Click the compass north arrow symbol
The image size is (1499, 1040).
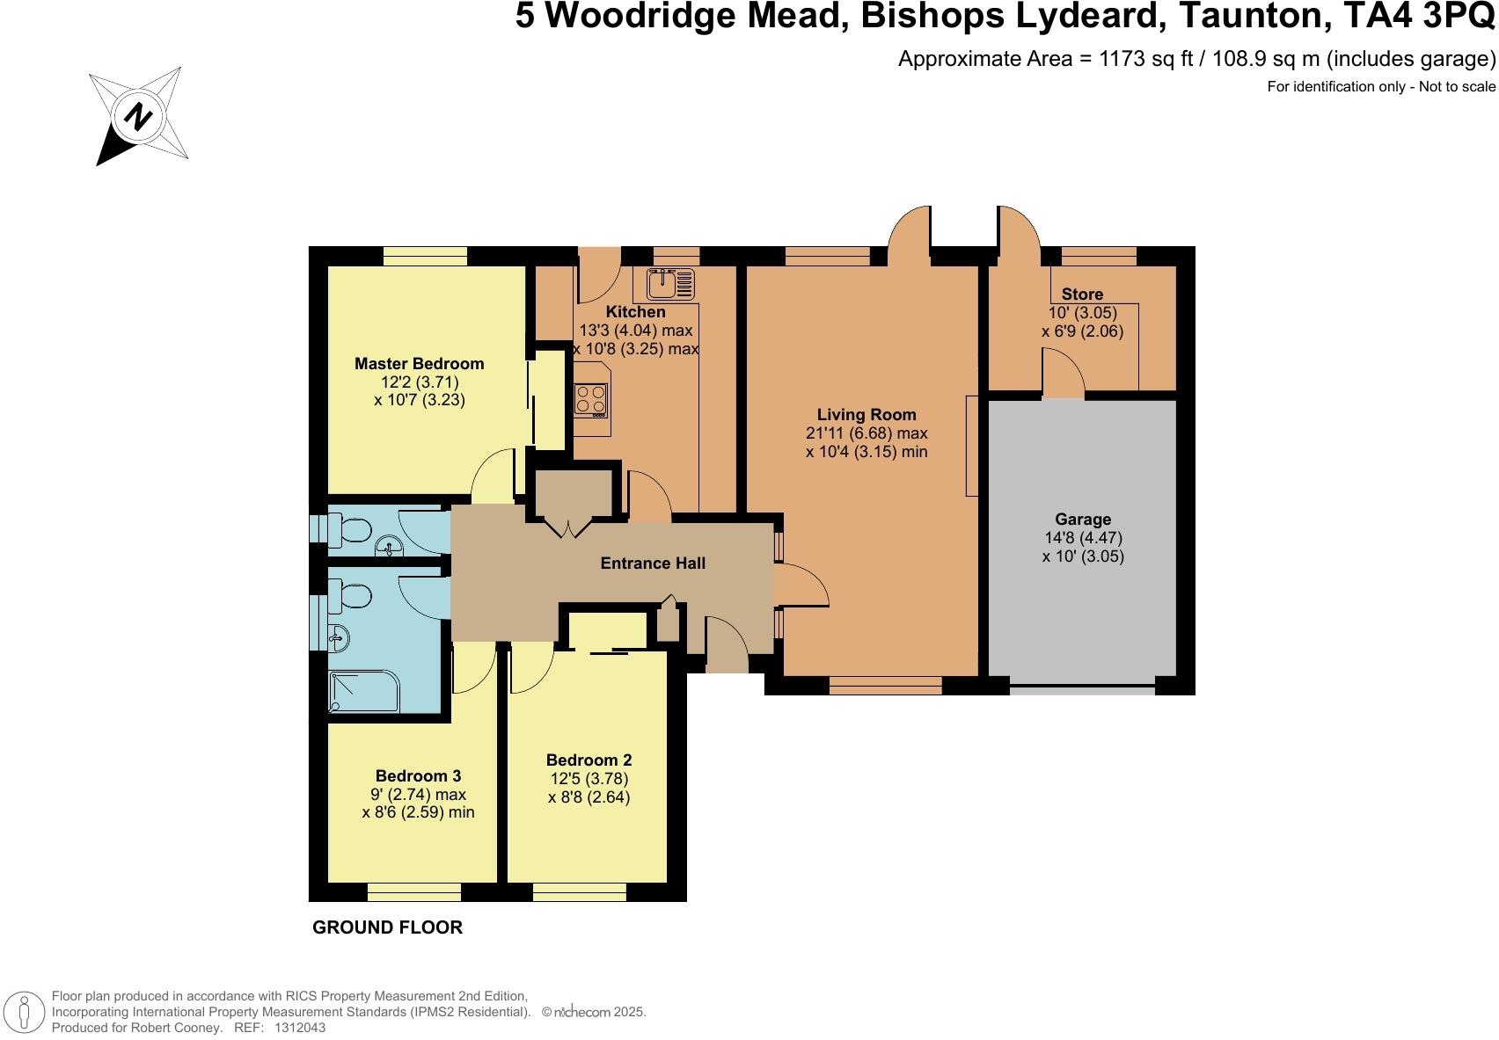click(x=138, y=115)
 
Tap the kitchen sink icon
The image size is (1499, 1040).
click(x=670, y=283)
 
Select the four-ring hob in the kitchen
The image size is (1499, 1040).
click(x=591, y=400)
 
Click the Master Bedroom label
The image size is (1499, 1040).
click(x=419, y=363)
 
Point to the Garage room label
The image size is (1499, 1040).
click(x=1083, y=519)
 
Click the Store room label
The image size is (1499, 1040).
click(x=1082, y=294)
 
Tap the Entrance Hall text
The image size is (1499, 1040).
click(x=653, y=563)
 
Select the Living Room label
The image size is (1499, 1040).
click(x=866, y=414)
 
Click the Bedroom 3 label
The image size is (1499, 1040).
click(x=418, y=775)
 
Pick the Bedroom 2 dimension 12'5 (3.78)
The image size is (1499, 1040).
click(x=589, y=779)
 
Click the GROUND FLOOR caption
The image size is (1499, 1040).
click(x=387, y=927)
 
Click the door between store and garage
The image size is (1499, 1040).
click(x=1063, y=373)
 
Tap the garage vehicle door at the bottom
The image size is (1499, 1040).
click(x=1082, y=690)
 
